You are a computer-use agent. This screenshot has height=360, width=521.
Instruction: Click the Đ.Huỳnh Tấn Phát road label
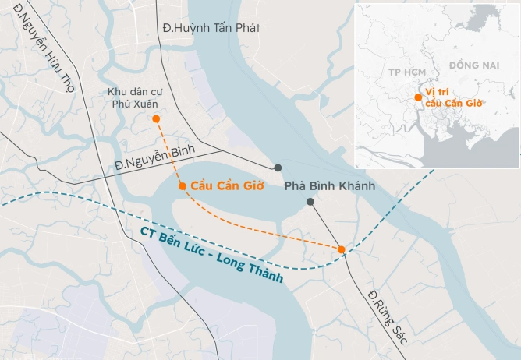(x=211, y=28)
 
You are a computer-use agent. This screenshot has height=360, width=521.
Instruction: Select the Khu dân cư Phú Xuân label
(x=135, y=98)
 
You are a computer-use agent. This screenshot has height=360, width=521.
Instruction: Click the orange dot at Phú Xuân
(x=156, y=119)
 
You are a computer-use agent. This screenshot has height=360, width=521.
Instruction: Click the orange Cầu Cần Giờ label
(x=227, y=186)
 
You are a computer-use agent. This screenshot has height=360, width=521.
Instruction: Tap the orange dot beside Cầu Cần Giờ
(x=182, y=186)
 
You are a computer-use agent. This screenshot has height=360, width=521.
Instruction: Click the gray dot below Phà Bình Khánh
(x=310, y=202)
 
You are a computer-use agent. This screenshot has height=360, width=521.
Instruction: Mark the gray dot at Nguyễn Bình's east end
(x=278, y=168)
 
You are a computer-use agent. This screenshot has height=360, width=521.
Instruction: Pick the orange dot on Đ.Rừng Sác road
(x=342, y=249)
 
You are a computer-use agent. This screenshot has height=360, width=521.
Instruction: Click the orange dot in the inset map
(x=419, y=97)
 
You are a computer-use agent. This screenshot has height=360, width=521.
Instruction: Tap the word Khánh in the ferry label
(x=357, y=186)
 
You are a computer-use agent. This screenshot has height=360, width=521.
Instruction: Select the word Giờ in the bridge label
(x=253, y=186)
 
